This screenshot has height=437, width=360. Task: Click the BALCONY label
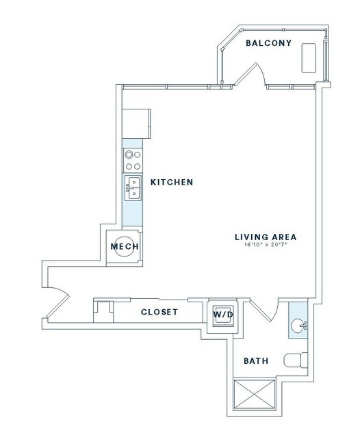click(268, 43)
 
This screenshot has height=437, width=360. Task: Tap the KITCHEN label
click(172, 183)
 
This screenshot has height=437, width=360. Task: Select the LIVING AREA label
click(266, 237)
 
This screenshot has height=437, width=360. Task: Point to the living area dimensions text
click(266, 245)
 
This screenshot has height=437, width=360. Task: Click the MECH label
click(125, 246)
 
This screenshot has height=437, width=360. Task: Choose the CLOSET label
click(159, 312)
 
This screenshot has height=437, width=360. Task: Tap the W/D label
click(223, 315)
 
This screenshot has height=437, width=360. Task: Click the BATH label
click(256, 361)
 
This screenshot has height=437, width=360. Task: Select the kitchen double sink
click(133, 187)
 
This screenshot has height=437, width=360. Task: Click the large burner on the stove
click(129, 154)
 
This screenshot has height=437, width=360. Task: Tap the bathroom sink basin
click(298, 326)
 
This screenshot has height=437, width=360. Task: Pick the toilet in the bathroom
click(296, 361)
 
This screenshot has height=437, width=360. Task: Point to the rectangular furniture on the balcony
click(309, 58)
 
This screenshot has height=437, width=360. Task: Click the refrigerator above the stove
click(136, 124)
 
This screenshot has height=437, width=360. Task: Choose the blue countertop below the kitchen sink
click(132, 213)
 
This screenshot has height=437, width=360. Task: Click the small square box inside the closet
click(103, 312)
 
